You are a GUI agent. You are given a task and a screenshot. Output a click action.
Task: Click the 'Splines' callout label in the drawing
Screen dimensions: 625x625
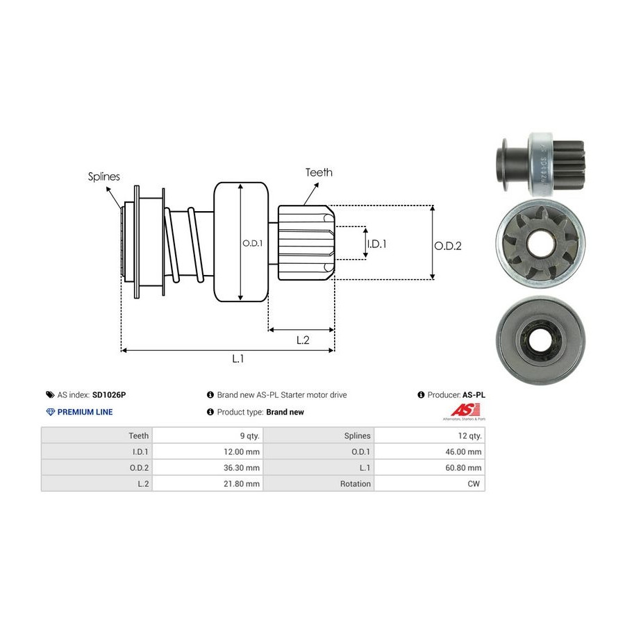(103, 176)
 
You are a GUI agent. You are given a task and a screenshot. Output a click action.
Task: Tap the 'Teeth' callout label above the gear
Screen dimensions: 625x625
(319, 172)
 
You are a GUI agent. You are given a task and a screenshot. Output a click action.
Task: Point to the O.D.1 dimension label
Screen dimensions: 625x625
(251, 244)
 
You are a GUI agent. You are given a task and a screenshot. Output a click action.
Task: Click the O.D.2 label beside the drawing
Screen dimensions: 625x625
(448, 246)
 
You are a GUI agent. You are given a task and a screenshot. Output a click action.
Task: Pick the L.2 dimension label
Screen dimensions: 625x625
(303, 340)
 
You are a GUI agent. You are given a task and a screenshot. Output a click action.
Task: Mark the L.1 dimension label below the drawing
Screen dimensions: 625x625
(238, 359)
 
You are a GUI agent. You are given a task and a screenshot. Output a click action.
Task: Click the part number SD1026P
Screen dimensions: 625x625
(109, 394)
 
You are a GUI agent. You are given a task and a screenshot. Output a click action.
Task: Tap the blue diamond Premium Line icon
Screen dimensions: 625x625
(50, 412)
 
